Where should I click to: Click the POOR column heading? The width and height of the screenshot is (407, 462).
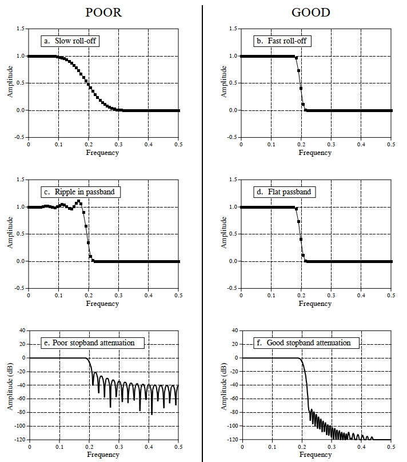tap(103, 12)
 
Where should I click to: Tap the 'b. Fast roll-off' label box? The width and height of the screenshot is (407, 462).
tap(284, 41)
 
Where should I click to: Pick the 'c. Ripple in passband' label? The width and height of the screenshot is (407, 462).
tap(81, 192)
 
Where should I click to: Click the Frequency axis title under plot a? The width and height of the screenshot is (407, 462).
tap(103, 153)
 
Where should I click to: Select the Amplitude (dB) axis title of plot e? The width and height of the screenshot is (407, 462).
tap(10, 384)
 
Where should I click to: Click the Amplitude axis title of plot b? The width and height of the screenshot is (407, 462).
tap(223, 82)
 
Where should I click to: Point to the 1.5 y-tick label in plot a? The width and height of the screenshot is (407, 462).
tap(21, 29)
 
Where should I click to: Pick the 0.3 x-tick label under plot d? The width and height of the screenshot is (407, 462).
tap(331, 296)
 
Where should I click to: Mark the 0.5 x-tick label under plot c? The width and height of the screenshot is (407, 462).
tap(178, 296)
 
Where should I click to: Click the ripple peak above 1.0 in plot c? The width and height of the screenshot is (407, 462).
tap(79, 201)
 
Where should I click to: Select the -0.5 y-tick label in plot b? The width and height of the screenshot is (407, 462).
tap(232, 137)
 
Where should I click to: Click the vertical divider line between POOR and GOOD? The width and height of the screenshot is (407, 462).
tap(202, 229)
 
